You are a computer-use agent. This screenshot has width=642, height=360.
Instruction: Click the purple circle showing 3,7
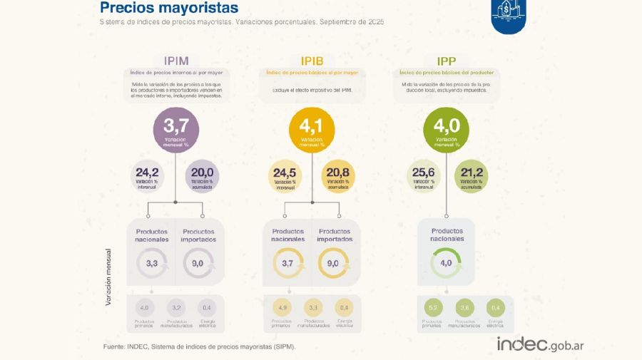175,130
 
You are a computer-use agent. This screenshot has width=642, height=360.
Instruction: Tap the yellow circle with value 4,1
311,130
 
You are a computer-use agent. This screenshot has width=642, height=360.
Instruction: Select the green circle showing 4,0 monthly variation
446,130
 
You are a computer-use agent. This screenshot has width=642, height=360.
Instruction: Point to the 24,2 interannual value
147,175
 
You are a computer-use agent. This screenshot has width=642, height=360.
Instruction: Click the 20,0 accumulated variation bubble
203,175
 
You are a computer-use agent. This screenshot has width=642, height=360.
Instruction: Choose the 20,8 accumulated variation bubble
337,175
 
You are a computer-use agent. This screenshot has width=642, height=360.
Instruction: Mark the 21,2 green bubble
471,175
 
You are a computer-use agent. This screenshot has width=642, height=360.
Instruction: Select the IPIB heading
311,61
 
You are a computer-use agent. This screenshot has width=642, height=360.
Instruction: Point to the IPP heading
447,61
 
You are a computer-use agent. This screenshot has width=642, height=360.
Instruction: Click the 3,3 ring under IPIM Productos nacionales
151,264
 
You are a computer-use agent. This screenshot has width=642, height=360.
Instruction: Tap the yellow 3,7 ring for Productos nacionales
287,264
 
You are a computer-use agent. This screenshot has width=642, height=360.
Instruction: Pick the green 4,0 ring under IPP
446,264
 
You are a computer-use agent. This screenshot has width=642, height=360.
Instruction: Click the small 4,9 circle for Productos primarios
282,308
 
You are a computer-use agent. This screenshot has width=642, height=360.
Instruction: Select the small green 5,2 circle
432,308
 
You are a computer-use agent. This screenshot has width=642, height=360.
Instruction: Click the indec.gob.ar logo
540,344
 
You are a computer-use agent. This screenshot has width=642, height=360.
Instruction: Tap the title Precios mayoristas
169,9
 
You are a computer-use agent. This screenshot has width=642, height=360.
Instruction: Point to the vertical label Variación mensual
108,277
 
